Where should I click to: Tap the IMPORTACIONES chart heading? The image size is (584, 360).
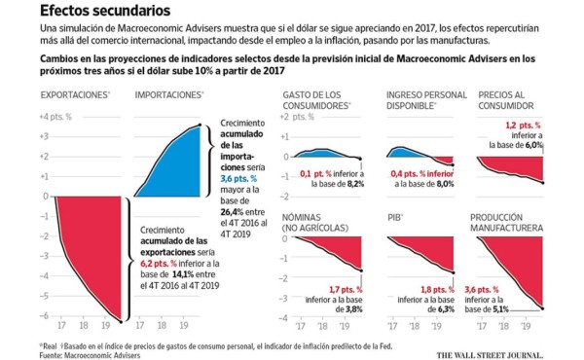pos(168,94)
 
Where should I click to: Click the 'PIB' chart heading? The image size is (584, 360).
pos(394,219)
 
